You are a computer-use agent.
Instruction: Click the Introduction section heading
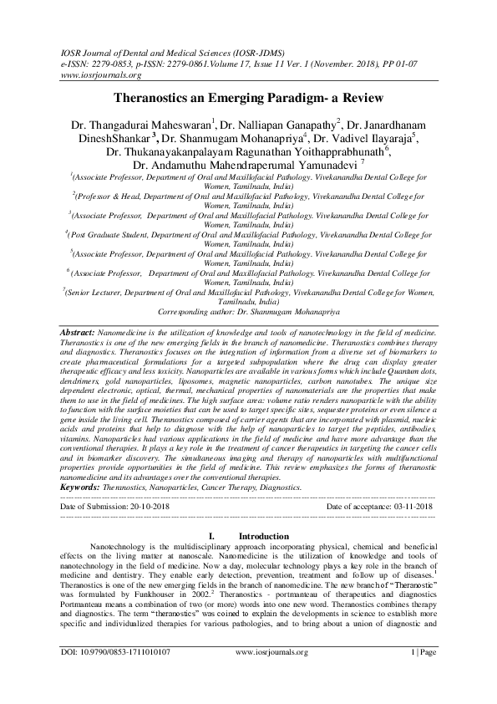264,535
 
